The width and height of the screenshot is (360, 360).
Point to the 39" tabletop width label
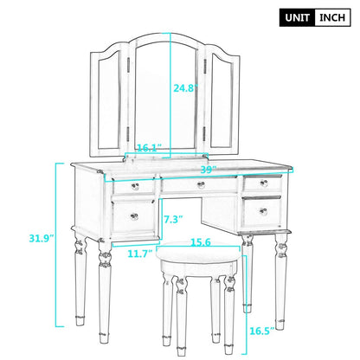point(208,169)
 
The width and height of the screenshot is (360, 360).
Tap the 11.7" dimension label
point(140,254)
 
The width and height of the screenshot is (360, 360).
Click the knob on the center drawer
point(201,185)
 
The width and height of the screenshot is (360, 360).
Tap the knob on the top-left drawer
point(133,186)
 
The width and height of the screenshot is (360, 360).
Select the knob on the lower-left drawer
point(133,215)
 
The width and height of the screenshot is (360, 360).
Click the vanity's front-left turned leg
point(105,286)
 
